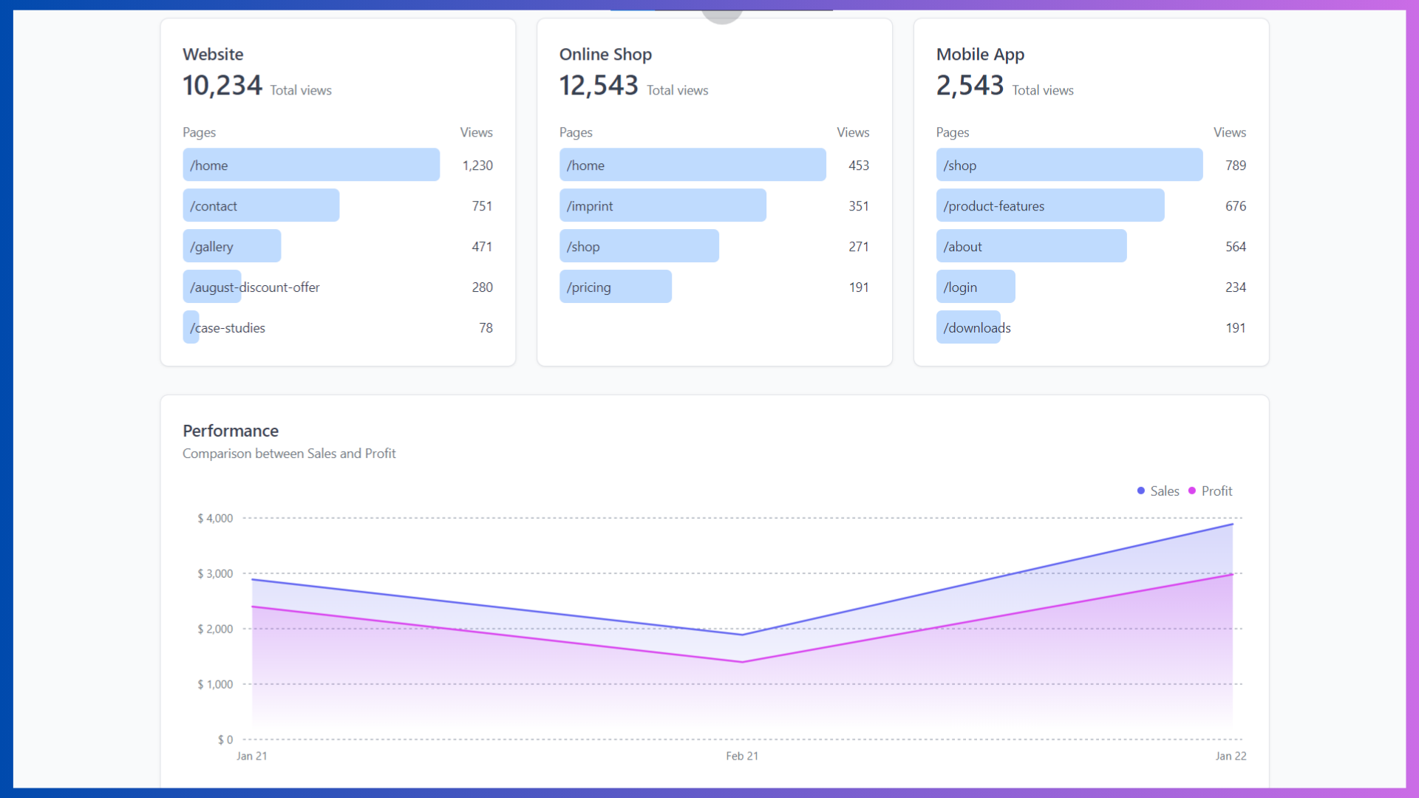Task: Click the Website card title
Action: point(213,54)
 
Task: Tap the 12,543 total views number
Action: point(598,86)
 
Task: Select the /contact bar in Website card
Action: point(261,205)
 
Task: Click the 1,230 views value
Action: point(477,166)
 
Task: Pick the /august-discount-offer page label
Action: point(254,287)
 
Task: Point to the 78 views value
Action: point(486,327)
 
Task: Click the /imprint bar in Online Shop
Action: point(662,205)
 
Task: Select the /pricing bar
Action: point(615,287)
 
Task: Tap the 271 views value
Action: point(858,246)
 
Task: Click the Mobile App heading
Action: point(980,54)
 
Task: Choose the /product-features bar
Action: point(1049,205)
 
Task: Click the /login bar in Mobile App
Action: point(975,287)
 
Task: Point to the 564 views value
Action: point(1235,246)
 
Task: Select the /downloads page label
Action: point(976,327)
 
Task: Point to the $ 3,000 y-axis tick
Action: point(215,573)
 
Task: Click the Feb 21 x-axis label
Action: point(742,756)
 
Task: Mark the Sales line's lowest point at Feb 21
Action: point(742,634)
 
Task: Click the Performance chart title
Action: point(231,431)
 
